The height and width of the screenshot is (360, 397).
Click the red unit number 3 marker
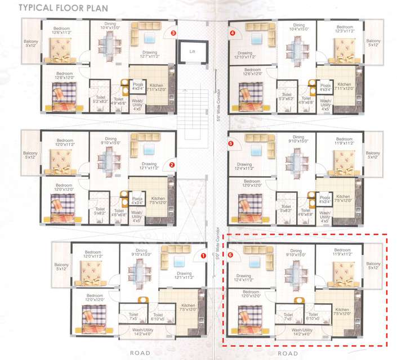(x=173, y=34)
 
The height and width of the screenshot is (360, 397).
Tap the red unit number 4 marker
(x=232, y=33)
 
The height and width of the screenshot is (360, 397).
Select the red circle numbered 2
(x=173, y=165)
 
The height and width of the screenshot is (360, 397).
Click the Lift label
(x=192, y=51)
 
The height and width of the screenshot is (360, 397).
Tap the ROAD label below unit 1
(x=140, y=353)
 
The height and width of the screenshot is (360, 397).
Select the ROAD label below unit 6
(x=288, y=353)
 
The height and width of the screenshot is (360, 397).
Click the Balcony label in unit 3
(x=30, y=43)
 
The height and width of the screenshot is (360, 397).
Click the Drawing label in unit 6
(x=244, y=277)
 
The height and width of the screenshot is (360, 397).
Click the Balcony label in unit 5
(x=373, y=155)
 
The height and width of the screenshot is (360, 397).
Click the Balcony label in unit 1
(x=61, y=265)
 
